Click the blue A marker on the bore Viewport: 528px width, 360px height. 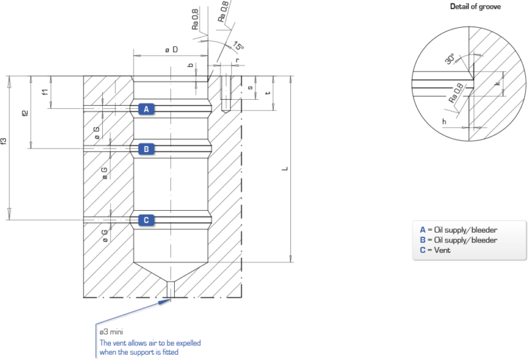coord(146,109)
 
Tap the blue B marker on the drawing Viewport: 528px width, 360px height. coord(146,149)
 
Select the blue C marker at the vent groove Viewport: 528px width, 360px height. coord(146,220)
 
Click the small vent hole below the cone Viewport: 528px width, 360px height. coord(171,289)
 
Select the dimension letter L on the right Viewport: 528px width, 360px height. coord(283,170)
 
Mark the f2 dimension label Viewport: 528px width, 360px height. coord(25,113)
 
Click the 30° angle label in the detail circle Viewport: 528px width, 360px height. coord(449,59)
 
